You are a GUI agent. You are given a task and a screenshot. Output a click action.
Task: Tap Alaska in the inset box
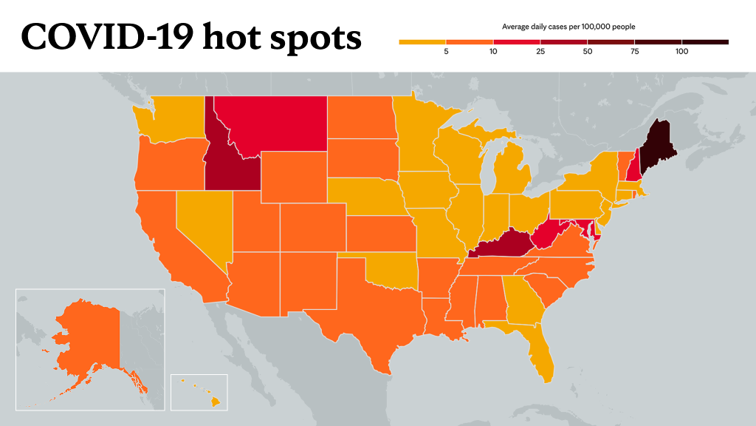click(x=92, y=338)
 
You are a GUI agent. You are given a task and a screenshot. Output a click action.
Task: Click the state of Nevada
click(x=200, y=222)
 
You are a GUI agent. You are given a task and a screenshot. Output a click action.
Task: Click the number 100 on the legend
click(x=681, y=52)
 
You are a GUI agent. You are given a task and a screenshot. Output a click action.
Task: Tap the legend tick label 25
click(x=540, y=52)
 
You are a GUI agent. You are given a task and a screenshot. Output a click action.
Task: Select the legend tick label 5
click(x=446, y=52)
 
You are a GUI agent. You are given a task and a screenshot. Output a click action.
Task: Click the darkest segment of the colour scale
click(x=705, y=42)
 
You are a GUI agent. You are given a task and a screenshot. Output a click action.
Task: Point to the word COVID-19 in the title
click(x=108, y=37)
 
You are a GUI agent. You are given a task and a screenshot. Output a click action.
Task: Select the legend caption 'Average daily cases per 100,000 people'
click(x=568, y=27)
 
